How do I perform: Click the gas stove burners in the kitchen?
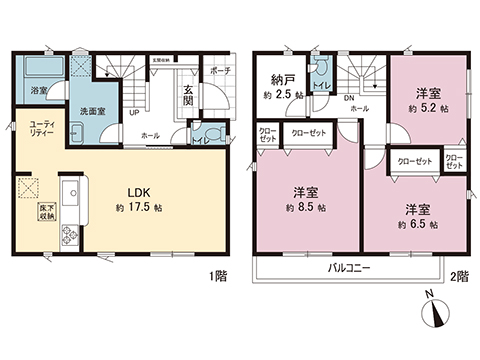coord(72,234)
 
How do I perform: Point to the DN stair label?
coord(351,97)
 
